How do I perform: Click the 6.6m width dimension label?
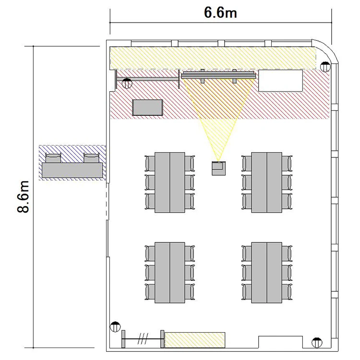click(220, 12)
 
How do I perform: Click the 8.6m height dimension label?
click(24, 197)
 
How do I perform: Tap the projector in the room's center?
click(218, 168)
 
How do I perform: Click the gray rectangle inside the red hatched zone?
click(148, 108)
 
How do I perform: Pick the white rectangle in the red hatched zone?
click(281, 81)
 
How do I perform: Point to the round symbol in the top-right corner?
click(325, 67)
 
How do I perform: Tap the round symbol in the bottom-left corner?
click(115, 326)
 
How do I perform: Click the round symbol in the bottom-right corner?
click(317, 343)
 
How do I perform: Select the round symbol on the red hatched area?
click(127, 84)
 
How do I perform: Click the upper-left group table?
click(169, 182)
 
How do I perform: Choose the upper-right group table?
click(266, 182)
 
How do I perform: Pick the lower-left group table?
click(169, 273)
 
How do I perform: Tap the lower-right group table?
click(266, 273)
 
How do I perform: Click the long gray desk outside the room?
click(72, 170)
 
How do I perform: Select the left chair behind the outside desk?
click(53, 158)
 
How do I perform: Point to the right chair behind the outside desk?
click(91, 158)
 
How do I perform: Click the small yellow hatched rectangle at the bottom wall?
click(195, 340)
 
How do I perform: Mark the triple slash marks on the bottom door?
click(143, 339)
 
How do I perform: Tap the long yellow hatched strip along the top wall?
click(213, 58)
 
